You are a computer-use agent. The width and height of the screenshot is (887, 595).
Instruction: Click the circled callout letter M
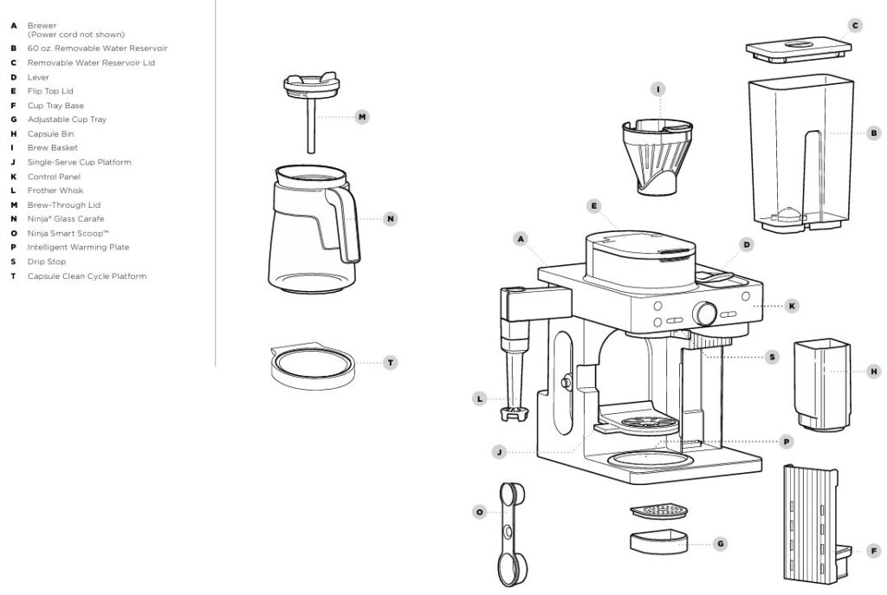coord(362,116)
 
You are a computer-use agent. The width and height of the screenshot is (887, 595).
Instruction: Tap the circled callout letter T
coord(391,362)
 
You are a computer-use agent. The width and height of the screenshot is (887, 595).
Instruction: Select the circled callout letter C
coord(856,26)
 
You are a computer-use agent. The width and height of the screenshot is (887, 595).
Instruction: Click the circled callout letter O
coord(479,512)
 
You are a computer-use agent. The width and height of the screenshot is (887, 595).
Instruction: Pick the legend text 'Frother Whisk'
coord(55,191)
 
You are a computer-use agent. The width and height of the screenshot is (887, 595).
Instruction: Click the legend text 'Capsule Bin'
coord(50,133)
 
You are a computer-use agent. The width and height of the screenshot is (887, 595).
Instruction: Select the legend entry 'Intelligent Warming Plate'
coord(78,248)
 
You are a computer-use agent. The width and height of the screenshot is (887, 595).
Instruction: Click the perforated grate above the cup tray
coord(657,512)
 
